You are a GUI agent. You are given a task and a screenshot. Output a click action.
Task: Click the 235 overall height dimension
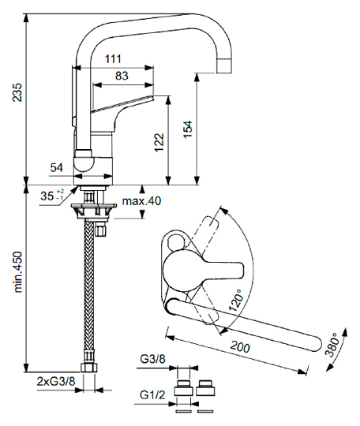pyautogui.click(x=17, y=92)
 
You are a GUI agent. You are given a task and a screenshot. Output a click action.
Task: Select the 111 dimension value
pyautogui.click(x=113, y=59)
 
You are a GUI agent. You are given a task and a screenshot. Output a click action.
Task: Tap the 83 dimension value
pyautogui.click(x=122, y=76)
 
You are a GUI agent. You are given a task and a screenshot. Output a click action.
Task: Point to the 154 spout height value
pyautogui.click(x=188, y=129)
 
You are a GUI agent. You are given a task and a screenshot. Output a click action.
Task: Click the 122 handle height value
pyautogui.click(x=159, y=142)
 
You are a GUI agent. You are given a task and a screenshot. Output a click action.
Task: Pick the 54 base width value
pyautogui.click(x=57, y=167)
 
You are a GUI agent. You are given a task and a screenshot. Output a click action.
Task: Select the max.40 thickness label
pyautogui.click(x=141, y=201)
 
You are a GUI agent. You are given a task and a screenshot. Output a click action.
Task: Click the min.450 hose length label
pyautogui.click(x=17, y=272)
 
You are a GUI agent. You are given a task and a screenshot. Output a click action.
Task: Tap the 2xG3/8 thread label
pyautogui.click(x=56, y=382)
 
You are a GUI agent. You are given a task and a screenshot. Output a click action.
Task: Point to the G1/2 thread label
pyautogui.click(x=152, y=394)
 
